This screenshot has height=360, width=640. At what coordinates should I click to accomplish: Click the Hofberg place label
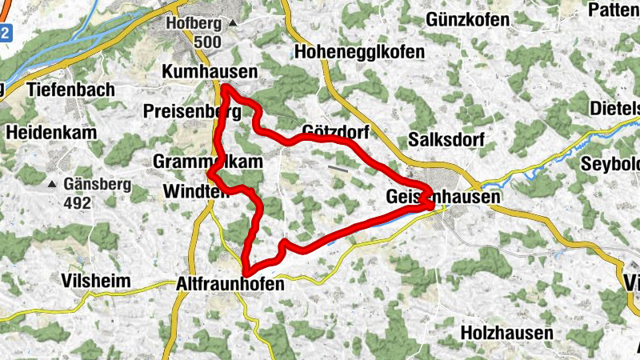193,23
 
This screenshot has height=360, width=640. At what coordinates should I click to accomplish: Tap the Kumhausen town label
210,72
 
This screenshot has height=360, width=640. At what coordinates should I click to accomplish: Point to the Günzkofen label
468,18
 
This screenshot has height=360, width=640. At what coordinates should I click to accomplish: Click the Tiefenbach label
70,90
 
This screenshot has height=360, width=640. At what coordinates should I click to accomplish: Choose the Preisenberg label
192,110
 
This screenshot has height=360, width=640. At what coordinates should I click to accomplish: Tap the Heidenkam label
50,132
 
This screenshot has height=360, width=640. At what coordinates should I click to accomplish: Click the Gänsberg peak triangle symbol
52,184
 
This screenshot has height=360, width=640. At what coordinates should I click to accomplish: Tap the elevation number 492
78,202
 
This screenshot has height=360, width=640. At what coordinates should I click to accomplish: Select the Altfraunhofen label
230,283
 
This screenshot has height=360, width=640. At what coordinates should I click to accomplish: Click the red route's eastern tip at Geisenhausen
433,206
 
